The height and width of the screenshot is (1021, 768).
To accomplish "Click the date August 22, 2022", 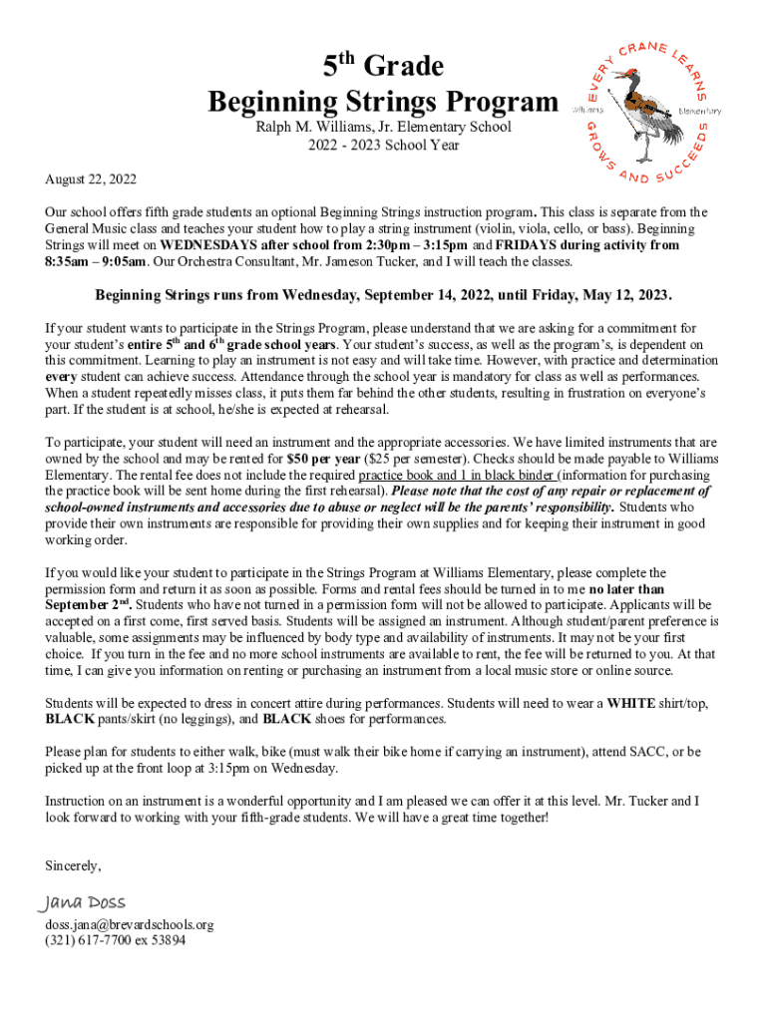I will [91, 179].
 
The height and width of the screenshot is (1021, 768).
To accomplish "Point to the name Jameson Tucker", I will [409, 261].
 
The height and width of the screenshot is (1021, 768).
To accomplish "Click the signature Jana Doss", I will [83, 902].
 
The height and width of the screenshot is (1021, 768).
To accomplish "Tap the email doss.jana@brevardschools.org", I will [130, 924].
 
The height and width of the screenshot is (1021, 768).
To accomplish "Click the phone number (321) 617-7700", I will [90, 939].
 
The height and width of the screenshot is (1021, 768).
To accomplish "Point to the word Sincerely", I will [73, 864].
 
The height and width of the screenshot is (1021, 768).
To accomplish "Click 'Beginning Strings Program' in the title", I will [383, 102].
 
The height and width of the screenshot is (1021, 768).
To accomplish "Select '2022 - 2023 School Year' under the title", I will [383, 145].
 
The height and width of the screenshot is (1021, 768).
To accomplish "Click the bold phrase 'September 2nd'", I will [88, 605].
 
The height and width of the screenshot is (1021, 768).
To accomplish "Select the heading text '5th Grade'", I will [383, 68].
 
